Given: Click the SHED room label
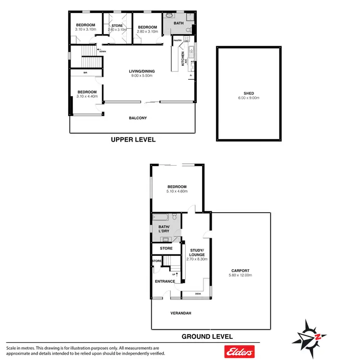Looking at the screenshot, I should [x=248, y=93].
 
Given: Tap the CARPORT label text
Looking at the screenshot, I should [x=240, y=270].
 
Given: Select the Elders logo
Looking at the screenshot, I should [x=239, y=352].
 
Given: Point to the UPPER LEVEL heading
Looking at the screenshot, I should [x=133, y=140].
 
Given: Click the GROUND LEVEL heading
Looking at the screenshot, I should [x=207, y=336].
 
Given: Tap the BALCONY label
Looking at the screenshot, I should [x=138, y=118].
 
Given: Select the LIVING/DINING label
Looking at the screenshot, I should [x=142, y=72].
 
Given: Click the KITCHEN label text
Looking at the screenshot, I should [x=182, y=59].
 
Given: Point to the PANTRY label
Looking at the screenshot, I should [x=178, y=41].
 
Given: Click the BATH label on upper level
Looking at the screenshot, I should [x=179, y=23].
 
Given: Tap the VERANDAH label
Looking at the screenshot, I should [x=181, y=313].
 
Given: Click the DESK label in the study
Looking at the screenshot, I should [x=198, y=294].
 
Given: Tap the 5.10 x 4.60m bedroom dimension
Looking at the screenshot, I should [x=177, y=192].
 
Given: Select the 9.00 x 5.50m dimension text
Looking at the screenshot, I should [x=142, y=76].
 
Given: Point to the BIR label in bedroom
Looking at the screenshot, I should [x=85, y=73].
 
